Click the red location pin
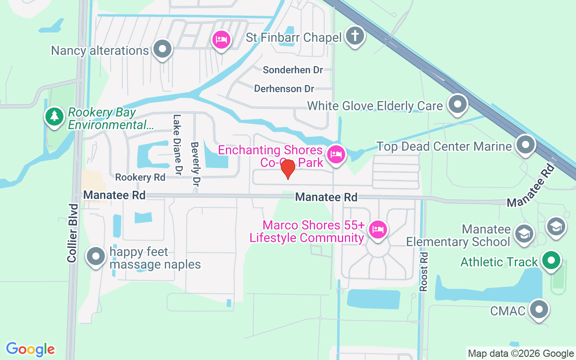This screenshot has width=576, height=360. pyautogui.click(x=288, y=169)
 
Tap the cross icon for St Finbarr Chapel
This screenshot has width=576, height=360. pyautogui.click(x=355, y=36)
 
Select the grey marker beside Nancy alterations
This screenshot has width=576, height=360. pyautogui.click(x=162, y=49)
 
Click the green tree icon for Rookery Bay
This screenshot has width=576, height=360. pyautogui.click(x=54, y=117)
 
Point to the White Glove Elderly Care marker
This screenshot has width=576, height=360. pyautogui.click(x=458, y=104)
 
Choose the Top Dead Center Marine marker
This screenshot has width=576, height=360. pyautogui.click(x=525, y=145)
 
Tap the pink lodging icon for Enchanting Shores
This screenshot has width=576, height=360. pyautogui.click(x=336, y=155)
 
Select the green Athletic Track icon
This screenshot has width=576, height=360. pyautogui.click(x=551, y=260)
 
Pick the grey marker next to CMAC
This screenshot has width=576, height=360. pyautogui.click(x=539, y=310)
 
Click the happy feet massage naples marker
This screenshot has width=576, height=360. pyautogui.click(x=95, y=256)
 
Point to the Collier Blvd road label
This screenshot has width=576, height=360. pyautogui.click(x=73, y=233)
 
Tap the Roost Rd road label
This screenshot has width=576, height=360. pyautogui.click(x=423, y=271)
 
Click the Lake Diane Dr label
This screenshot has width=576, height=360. pyautogui.click(x=177, y=145)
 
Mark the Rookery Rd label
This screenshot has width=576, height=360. pyautogui.click(x=140, y=177)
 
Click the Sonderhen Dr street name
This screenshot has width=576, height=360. pyautogui.click(x=293, y=70)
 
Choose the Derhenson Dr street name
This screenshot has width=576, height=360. pyautogui.click(x=284, y=89)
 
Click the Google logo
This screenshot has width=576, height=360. pyautogui.click(x=31, y=349)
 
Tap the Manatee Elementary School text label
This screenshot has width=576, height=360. pyautogui.click(x=458, y=235)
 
